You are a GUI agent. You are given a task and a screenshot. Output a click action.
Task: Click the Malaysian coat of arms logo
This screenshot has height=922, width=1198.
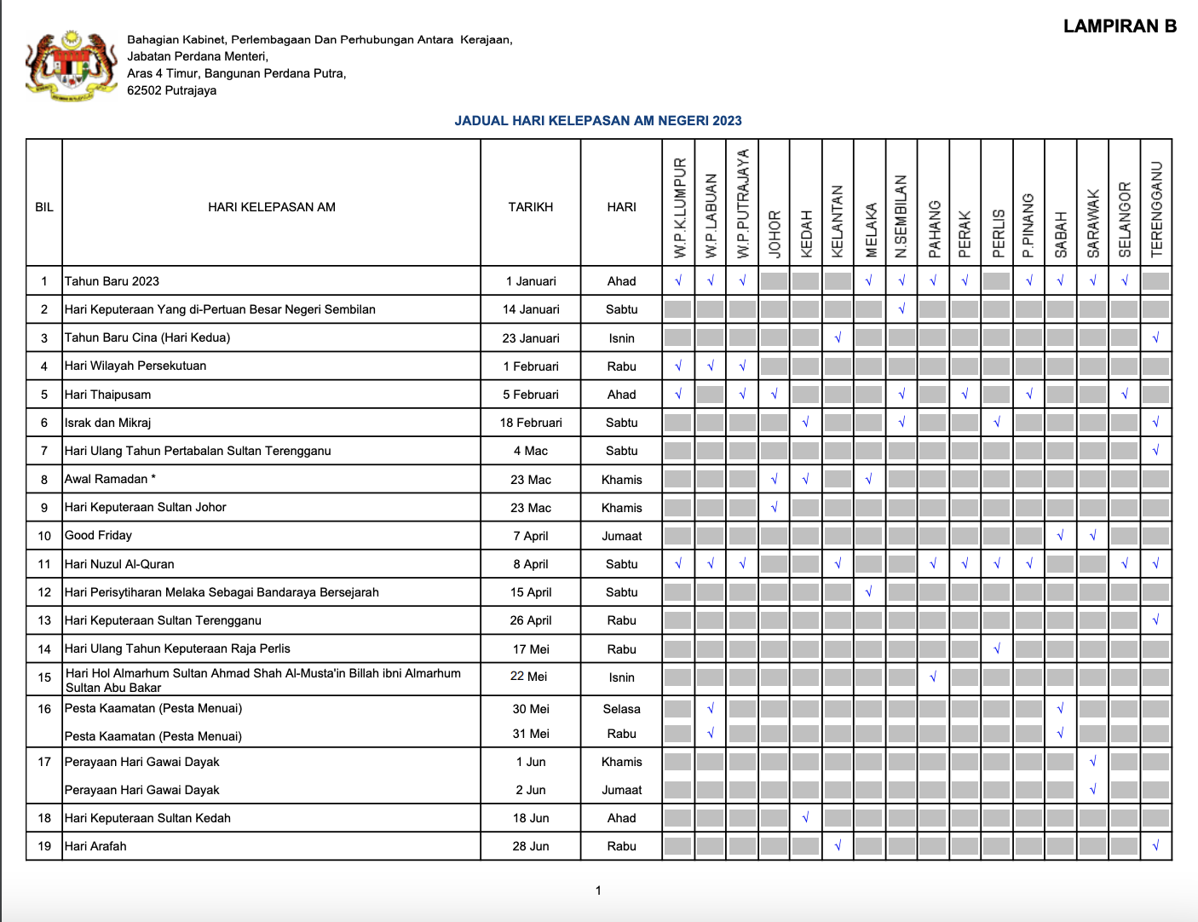71,66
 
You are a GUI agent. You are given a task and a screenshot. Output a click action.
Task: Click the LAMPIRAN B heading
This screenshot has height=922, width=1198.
1120,26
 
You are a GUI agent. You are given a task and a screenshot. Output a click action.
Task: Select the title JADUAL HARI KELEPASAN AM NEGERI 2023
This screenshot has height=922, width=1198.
597,121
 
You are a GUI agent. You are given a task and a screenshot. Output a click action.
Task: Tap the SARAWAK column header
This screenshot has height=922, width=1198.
1092,223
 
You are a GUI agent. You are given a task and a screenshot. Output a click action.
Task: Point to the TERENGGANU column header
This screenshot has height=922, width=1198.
1156,210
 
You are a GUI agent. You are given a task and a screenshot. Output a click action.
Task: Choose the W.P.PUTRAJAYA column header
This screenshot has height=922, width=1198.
743,205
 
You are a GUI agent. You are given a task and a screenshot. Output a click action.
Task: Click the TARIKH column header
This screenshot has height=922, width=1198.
530,207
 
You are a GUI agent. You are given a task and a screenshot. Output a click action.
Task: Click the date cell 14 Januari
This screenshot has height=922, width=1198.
530,309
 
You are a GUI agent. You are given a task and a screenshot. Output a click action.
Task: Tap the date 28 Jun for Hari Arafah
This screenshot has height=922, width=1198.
530,846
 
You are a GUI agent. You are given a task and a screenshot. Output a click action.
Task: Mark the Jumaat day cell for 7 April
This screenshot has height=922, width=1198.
621,536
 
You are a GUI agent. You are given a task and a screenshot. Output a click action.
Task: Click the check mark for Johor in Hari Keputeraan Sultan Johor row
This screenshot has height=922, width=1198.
774,508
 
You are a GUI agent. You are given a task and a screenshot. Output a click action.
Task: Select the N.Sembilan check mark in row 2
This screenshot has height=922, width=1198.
901,309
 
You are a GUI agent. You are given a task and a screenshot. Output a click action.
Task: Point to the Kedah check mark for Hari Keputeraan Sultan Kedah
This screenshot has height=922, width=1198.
805,818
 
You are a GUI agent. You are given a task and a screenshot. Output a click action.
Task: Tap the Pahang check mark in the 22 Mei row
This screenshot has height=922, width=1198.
933,677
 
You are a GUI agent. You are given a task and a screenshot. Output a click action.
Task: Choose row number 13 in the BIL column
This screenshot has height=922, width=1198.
44,620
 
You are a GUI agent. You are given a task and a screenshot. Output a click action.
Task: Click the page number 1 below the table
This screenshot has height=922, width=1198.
598,890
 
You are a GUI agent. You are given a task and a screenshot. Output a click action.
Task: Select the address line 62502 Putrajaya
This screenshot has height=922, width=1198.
171,90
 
